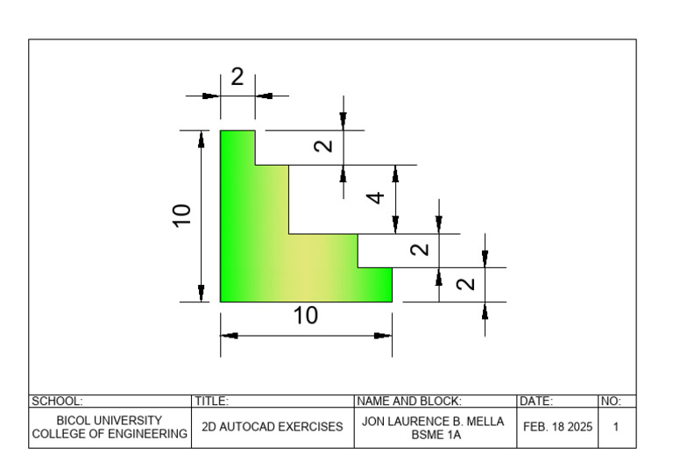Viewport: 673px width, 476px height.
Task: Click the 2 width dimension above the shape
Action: click(x=237, y=77)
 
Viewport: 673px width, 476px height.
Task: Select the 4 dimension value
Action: click(x=376, y=198)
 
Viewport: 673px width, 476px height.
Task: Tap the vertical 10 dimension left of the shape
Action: click(x=181, y=216)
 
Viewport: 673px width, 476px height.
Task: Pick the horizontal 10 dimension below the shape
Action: click(x=306, y=316)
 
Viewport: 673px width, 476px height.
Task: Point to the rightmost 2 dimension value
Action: click(x=465, y=284)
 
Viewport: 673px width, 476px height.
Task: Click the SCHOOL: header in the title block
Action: click(x=57, y=401)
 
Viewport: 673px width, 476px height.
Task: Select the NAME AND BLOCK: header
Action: click(x=409, y=401)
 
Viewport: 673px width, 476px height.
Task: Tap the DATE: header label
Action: click(x=536, y=401)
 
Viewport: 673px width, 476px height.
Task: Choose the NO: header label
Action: click(x=611, y=401)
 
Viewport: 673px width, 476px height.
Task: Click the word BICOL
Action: click(x=73, y=420)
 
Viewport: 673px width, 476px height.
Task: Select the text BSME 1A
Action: click(x=436, y=435)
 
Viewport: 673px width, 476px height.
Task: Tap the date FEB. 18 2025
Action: click(x=557, y=427)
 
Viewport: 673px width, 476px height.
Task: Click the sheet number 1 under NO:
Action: click(x=616, y=427)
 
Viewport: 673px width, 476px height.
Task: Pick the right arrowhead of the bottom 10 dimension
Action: click(x=383, y=336)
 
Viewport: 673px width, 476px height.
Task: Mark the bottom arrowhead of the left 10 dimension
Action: click(x=202, y=293)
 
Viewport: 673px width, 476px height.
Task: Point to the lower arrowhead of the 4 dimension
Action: click(x=396, y=225)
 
